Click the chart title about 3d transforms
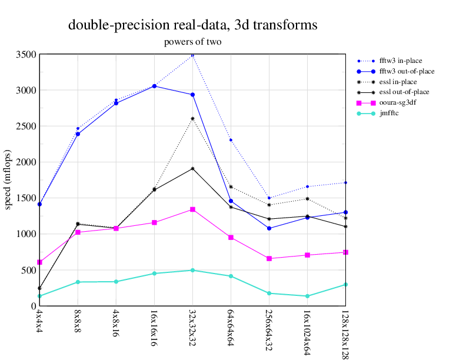click(x=193, y=25)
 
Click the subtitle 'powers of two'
click(x=193, y=42)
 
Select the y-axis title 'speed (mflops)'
click(x=8, y=180)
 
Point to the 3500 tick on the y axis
click(x=26, y=55)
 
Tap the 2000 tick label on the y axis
click(x=26, y=162)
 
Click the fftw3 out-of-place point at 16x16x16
click(x=154, y=86)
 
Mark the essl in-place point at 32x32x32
click(x=192, y=119)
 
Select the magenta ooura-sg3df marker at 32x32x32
click(x=192, y=209)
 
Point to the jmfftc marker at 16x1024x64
click(x=307, y=296)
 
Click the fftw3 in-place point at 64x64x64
click(x=231, y=140)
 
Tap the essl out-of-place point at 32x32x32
click(x=192, y=169)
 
